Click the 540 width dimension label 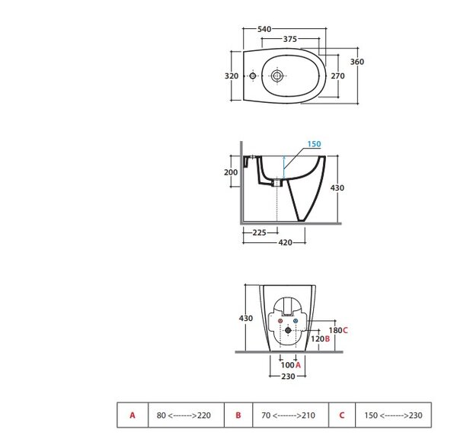264,29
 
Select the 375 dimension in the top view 290,39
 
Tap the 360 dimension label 357,62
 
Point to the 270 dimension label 337,76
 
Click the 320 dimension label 232,76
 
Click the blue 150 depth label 314,144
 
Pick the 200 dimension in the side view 231,172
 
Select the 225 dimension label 260,233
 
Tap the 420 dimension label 286,242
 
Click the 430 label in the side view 337,188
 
